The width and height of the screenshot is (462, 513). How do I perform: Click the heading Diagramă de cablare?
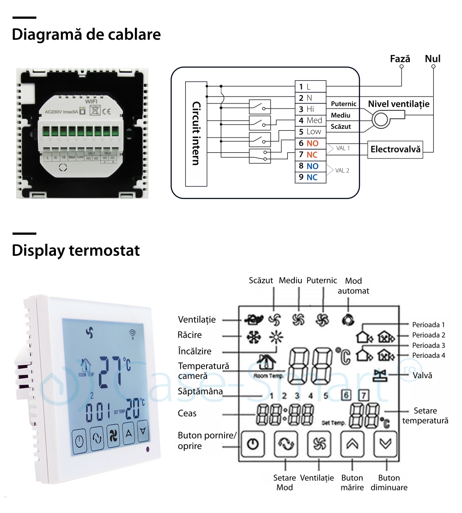tap(86, 35)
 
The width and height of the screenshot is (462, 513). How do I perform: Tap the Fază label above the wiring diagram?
tap(400, 59)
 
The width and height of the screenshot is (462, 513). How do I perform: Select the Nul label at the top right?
tap(432, 59)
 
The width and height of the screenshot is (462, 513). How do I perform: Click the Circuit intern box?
tap(196, 133)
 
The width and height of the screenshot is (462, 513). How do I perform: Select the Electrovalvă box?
tap(395, 150)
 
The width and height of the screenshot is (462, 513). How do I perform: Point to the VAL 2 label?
tap(342, 170)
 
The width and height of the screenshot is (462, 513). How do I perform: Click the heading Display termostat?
tap(76, 251)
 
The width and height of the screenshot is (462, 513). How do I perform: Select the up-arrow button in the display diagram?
tap(353, 444)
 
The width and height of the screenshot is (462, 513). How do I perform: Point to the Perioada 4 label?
tap(429, 356)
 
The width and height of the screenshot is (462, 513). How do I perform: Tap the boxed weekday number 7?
tap(364, 395)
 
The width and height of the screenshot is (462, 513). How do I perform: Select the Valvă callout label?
tap(422, 375)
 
